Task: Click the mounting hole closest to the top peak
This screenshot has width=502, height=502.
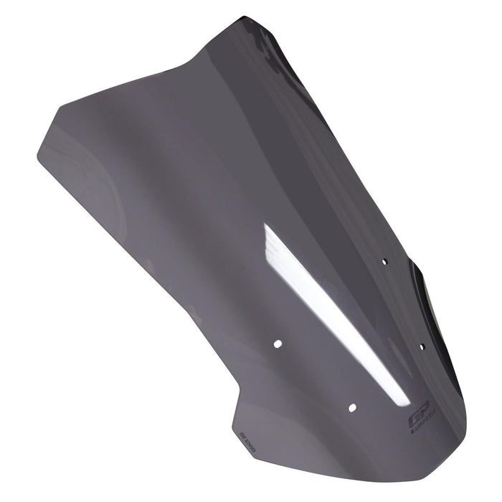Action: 384,262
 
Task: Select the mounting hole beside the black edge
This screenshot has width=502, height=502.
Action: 422,347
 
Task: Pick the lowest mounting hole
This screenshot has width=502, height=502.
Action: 352,407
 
